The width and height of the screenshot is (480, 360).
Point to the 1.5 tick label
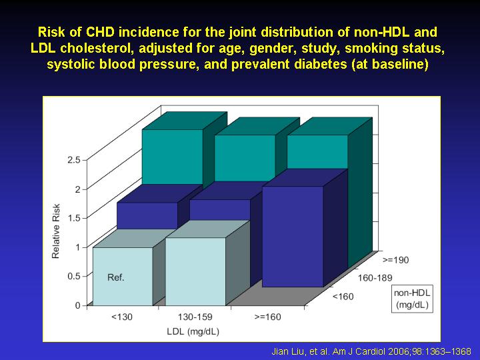point(74,218)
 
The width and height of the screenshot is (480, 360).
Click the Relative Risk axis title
point(56,231)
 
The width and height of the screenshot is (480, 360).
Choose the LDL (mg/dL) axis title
point(193,331)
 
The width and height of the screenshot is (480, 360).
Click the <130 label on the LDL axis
point(122,317)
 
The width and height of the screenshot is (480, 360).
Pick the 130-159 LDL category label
point(195,317)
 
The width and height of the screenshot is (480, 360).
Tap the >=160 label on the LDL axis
point(267,317)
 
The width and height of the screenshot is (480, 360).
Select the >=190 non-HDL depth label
point(395,260)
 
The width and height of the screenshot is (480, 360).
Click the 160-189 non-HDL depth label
point(375,277)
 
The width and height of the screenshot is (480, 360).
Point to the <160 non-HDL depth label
point(343,296)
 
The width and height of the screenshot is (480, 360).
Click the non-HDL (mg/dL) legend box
point(412,299)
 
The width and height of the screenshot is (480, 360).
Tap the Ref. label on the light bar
point(116,277)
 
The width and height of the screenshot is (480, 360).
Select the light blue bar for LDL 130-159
point(195,271)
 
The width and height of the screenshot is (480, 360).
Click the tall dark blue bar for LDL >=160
point(293,236)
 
